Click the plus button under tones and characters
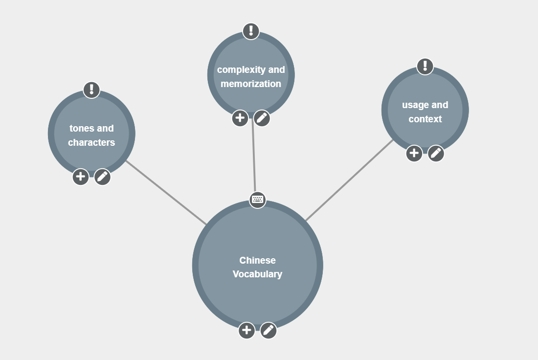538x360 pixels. click(81, 177)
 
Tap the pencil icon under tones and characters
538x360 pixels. click(102, 177)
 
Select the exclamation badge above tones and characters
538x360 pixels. click(91, 90)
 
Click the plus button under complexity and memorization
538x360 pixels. click(240, 118)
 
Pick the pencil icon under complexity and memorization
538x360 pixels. click(262, 118)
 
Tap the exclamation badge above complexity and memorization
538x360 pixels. click(251, 31)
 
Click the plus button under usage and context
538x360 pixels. click(414, 153)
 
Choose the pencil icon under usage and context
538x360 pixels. click(436, 153)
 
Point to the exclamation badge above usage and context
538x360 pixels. click(425, 66)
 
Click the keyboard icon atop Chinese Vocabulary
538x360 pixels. click(257, 200)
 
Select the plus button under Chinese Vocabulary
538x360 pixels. click(247, 331)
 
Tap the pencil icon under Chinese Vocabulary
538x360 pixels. click(269, 331)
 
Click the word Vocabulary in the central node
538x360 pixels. click(257, 274)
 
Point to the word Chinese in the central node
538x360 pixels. click(257, 260)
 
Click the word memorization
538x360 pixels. click(251, 84)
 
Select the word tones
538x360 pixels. click(82, 128)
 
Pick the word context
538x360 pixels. click(425, 119)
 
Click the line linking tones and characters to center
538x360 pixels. click(166, 193)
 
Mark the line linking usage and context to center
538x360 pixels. click(349, 180)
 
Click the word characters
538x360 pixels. click(91, 142)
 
